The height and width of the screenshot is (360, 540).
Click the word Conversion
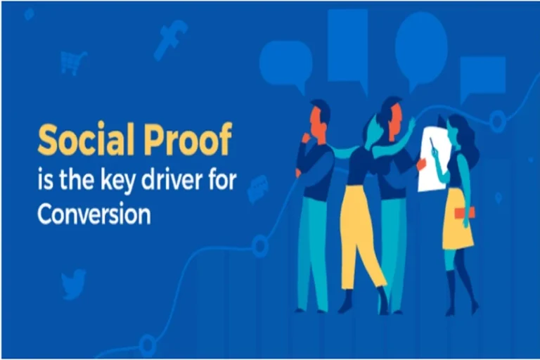point(94,214)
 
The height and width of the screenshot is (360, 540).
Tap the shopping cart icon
point(72,62)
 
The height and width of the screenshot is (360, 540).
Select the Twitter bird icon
point(73,283)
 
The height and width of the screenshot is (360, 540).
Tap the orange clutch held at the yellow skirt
point(464,212)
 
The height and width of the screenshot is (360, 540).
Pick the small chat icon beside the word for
point(258,188)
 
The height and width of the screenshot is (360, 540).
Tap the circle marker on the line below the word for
point(259,245)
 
